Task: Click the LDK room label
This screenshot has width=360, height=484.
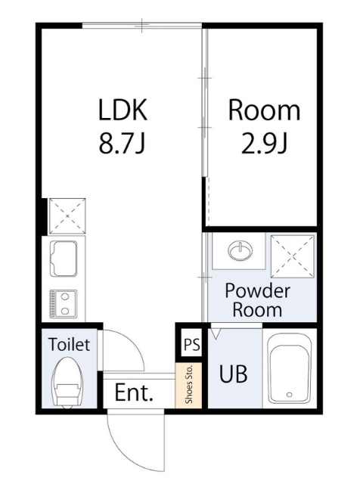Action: (x=123, y=110)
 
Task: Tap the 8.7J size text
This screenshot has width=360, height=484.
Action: (x=122, y=144)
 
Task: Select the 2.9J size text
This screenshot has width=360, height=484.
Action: (x=264, y=144)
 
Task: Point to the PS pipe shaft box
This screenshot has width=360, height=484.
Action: (x=192, y=344)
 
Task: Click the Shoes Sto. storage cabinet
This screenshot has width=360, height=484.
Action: (x=188, y=385)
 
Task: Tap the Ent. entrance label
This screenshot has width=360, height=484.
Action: (x=134, y=392)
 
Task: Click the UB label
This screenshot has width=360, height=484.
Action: (x=233, y=374)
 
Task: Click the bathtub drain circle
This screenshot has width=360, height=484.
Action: (x=290, y=394)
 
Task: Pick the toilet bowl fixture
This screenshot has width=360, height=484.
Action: (x=68, y=383)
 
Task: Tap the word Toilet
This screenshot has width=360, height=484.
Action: (x=69, y=344)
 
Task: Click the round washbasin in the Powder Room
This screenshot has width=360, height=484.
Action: (x=241, y=250)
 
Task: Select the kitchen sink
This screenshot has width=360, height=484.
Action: (x=64, y=259)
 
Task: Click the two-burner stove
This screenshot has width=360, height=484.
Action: (x=64, y=303)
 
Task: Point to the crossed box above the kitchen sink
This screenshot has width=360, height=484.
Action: (x=67, y=216)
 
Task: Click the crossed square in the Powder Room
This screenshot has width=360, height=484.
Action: (x=292, y=256)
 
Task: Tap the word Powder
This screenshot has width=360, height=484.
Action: (x=257, y=291)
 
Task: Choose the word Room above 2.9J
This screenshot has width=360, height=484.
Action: (x=264, y=110)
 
